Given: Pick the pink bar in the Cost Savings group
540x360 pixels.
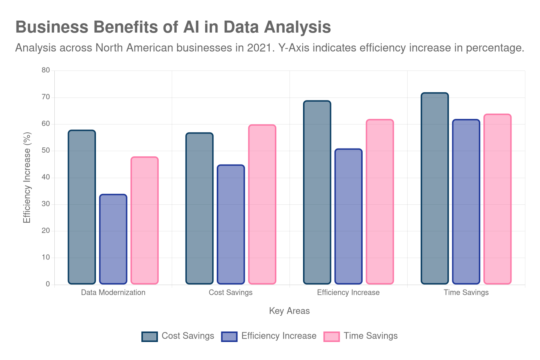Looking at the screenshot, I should point(262,204).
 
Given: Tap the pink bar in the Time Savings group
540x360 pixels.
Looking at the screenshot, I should point(497,199).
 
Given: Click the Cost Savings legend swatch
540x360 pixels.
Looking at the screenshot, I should point(150,336).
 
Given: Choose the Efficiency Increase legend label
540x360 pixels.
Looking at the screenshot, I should point(279,336).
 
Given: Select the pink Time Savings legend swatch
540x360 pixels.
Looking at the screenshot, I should point(332,336).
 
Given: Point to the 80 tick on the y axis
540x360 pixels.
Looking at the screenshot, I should point(46,70).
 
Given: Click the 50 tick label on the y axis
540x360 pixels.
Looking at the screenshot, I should point(46,150).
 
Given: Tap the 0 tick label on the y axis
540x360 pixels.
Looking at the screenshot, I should point(48,284).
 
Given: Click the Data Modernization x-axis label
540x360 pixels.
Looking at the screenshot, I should point(113,292).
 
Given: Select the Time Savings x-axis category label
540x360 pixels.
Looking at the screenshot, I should point(466,292).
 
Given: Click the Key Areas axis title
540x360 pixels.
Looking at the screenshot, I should point(289,311).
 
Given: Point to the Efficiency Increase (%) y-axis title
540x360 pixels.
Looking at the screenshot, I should point(27,177).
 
